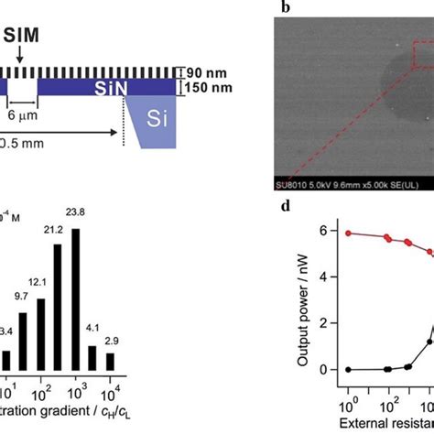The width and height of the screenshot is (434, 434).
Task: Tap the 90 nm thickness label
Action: coord(205,72)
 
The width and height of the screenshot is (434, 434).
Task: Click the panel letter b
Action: coord(285,9)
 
